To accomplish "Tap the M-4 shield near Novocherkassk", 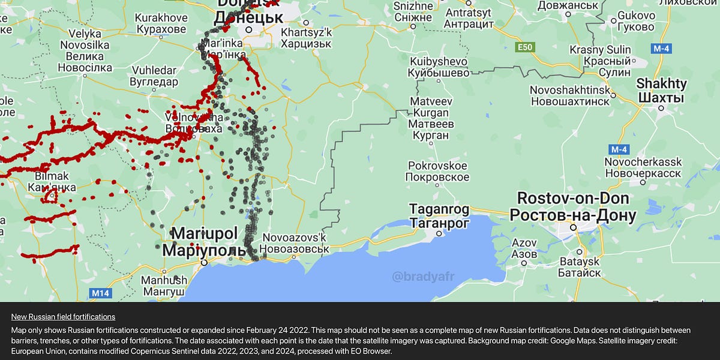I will point(617,148).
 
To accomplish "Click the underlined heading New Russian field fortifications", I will point(63,316).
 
